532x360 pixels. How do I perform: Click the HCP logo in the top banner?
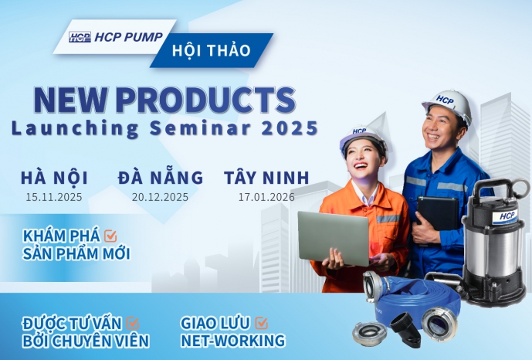point(80,37)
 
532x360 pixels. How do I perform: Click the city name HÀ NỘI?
point(55,177)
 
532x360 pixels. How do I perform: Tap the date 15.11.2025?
point(55,197)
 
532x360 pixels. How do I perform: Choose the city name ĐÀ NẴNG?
point(161,177)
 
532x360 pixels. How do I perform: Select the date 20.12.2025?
point(161,197)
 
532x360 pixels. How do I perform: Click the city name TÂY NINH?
point(266,177)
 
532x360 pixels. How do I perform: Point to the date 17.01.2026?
point(266,197)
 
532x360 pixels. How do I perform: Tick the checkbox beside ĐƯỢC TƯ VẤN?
point(132,323)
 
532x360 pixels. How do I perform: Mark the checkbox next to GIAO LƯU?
point(262,323)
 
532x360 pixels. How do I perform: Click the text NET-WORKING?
point(232,341)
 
